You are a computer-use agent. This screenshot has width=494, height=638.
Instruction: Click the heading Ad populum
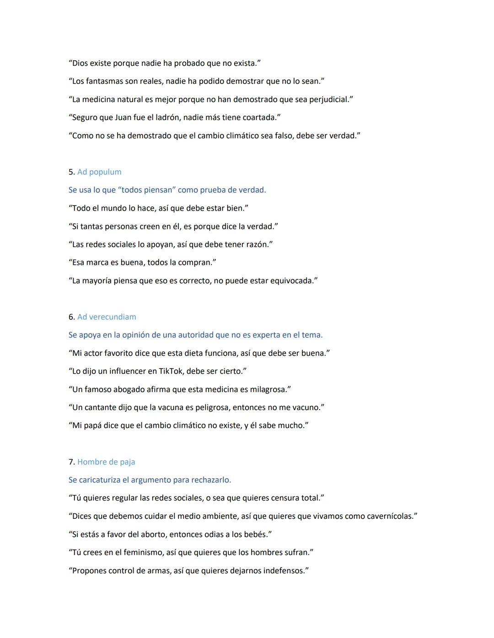coord(99,172)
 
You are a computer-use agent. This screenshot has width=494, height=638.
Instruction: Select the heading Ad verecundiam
coord(107,317)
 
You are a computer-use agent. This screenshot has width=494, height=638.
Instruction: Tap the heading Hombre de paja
coord(106,462)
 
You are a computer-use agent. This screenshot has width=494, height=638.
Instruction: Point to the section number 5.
coord(71,172)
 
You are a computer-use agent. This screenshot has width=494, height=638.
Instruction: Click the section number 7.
coord(71,462)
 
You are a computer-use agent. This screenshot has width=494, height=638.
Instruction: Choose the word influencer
coord(128,371)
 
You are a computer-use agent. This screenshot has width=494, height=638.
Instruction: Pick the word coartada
coord(259,117)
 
